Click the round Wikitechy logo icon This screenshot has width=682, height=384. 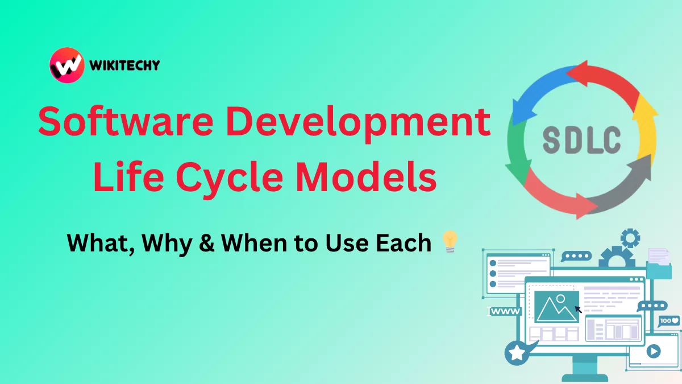67,65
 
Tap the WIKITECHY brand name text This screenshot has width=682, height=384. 124,65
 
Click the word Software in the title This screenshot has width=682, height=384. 126,121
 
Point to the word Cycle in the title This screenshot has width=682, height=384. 230,177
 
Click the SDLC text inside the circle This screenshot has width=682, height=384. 582,139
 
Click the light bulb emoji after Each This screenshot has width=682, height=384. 450,242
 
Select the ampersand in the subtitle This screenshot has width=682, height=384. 207,243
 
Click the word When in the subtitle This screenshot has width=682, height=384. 254,243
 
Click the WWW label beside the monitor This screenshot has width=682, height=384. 505,312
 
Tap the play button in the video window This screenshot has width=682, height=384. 654,351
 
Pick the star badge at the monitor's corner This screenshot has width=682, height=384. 517,353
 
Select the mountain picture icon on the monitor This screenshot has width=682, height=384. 556,307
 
